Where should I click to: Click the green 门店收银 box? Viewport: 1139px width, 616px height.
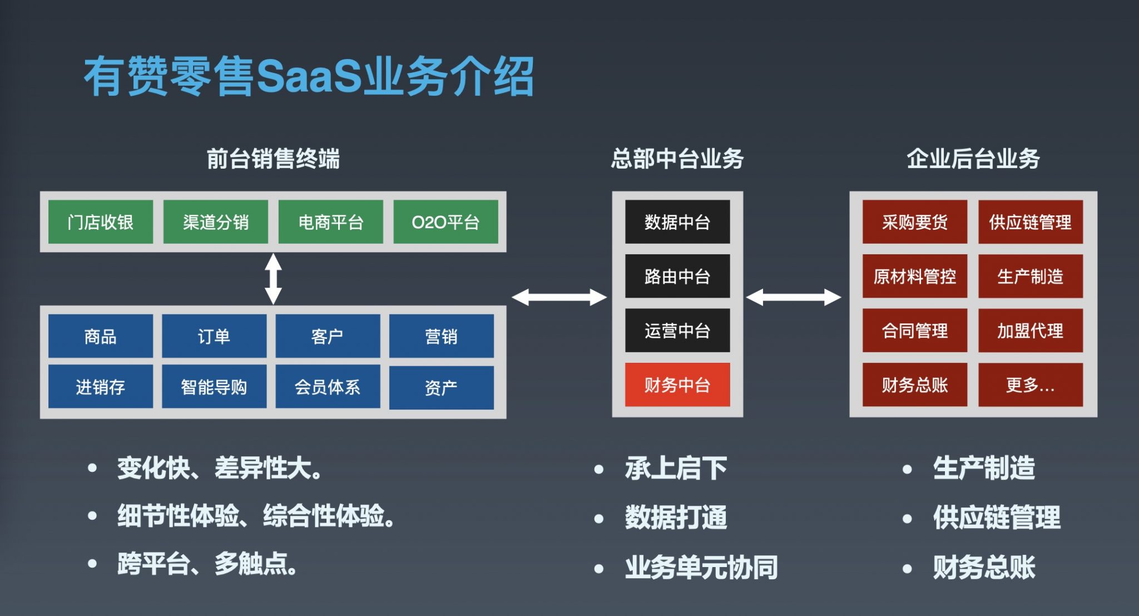click(101, 222)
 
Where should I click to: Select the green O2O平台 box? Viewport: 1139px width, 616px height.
click(445, 222)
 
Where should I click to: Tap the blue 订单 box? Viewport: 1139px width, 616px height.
click(214, 336)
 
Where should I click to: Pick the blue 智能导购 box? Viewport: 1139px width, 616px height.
click(214, 387)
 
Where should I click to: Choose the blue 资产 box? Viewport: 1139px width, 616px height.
click(441, 387)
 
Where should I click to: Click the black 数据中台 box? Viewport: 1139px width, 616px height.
click(677, 222)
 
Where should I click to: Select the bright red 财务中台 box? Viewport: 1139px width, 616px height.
click(677, 385)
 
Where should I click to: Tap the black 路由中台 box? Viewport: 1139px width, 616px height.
click(677, 276)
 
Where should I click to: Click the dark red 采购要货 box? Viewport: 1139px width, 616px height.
click(915, 222)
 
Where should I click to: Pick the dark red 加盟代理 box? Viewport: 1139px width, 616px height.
click(1030, 331)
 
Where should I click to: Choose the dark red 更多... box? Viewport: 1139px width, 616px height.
click(1030, 385)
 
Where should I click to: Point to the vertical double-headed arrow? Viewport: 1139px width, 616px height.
click(273, 279)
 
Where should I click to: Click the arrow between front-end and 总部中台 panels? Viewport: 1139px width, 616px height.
click(559, 297)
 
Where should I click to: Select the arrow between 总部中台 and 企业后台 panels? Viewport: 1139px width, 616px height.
click(794, 297)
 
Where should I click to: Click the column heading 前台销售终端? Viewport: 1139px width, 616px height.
click(273, 159)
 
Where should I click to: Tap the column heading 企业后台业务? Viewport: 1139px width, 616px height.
click(973, 159)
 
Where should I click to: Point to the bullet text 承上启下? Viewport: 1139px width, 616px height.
click(676, 468)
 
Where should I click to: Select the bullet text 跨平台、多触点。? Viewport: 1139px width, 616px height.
click(207, 564)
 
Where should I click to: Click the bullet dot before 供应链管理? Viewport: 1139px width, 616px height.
click(907, 519)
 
